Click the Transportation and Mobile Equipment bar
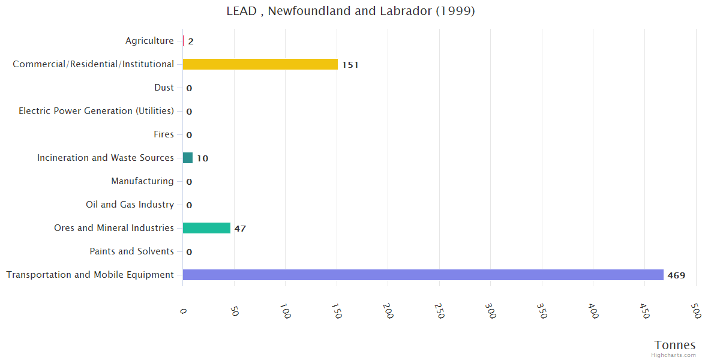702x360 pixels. pos(423,275)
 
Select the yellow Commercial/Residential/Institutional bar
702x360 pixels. pos(260,64)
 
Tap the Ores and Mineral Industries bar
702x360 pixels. pos(206,228)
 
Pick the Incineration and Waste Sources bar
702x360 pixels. pos(188,158)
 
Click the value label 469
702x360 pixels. pos(676,275)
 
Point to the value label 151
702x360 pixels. pos(350,65)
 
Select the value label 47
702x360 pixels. pos(240,229)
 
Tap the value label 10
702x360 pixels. pos(203,158)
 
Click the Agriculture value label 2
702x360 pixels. pos(191,41)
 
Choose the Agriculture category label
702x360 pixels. pos(149,41)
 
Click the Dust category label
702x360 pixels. pos(164,88)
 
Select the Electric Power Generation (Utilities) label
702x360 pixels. pos(96,111)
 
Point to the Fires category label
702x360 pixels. pos(164,134)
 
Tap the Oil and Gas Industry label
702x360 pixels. pos(130,205)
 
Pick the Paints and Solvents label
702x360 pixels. pos(131,251)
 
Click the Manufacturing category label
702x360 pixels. pos(142,181)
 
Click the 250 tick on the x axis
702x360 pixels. pos(440,313)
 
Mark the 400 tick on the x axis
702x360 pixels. pos(593,313)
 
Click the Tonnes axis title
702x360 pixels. pos(674,345)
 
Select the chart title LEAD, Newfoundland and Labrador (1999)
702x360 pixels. pos(350,11)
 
